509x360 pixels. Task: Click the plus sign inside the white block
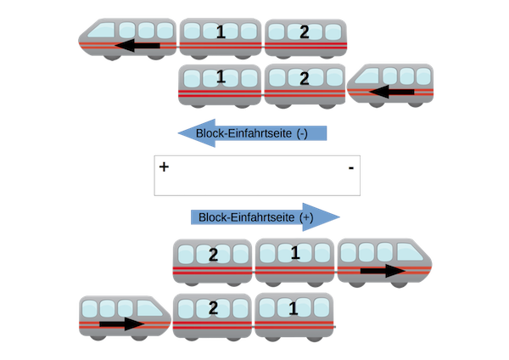tap(164, 168)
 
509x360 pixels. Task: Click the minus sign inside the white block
tap(350, 170)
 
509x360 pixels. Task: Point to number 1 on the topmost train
tap(221, 33)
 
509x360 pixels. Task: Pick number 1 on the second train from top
tap(221, 78)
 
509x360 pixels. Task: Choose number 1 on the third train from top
tap(295, 252)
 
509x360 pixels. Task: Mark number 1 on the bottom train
tap(295, 307)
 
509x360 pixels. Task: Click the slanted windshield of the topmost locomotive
tap(105, 31)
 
